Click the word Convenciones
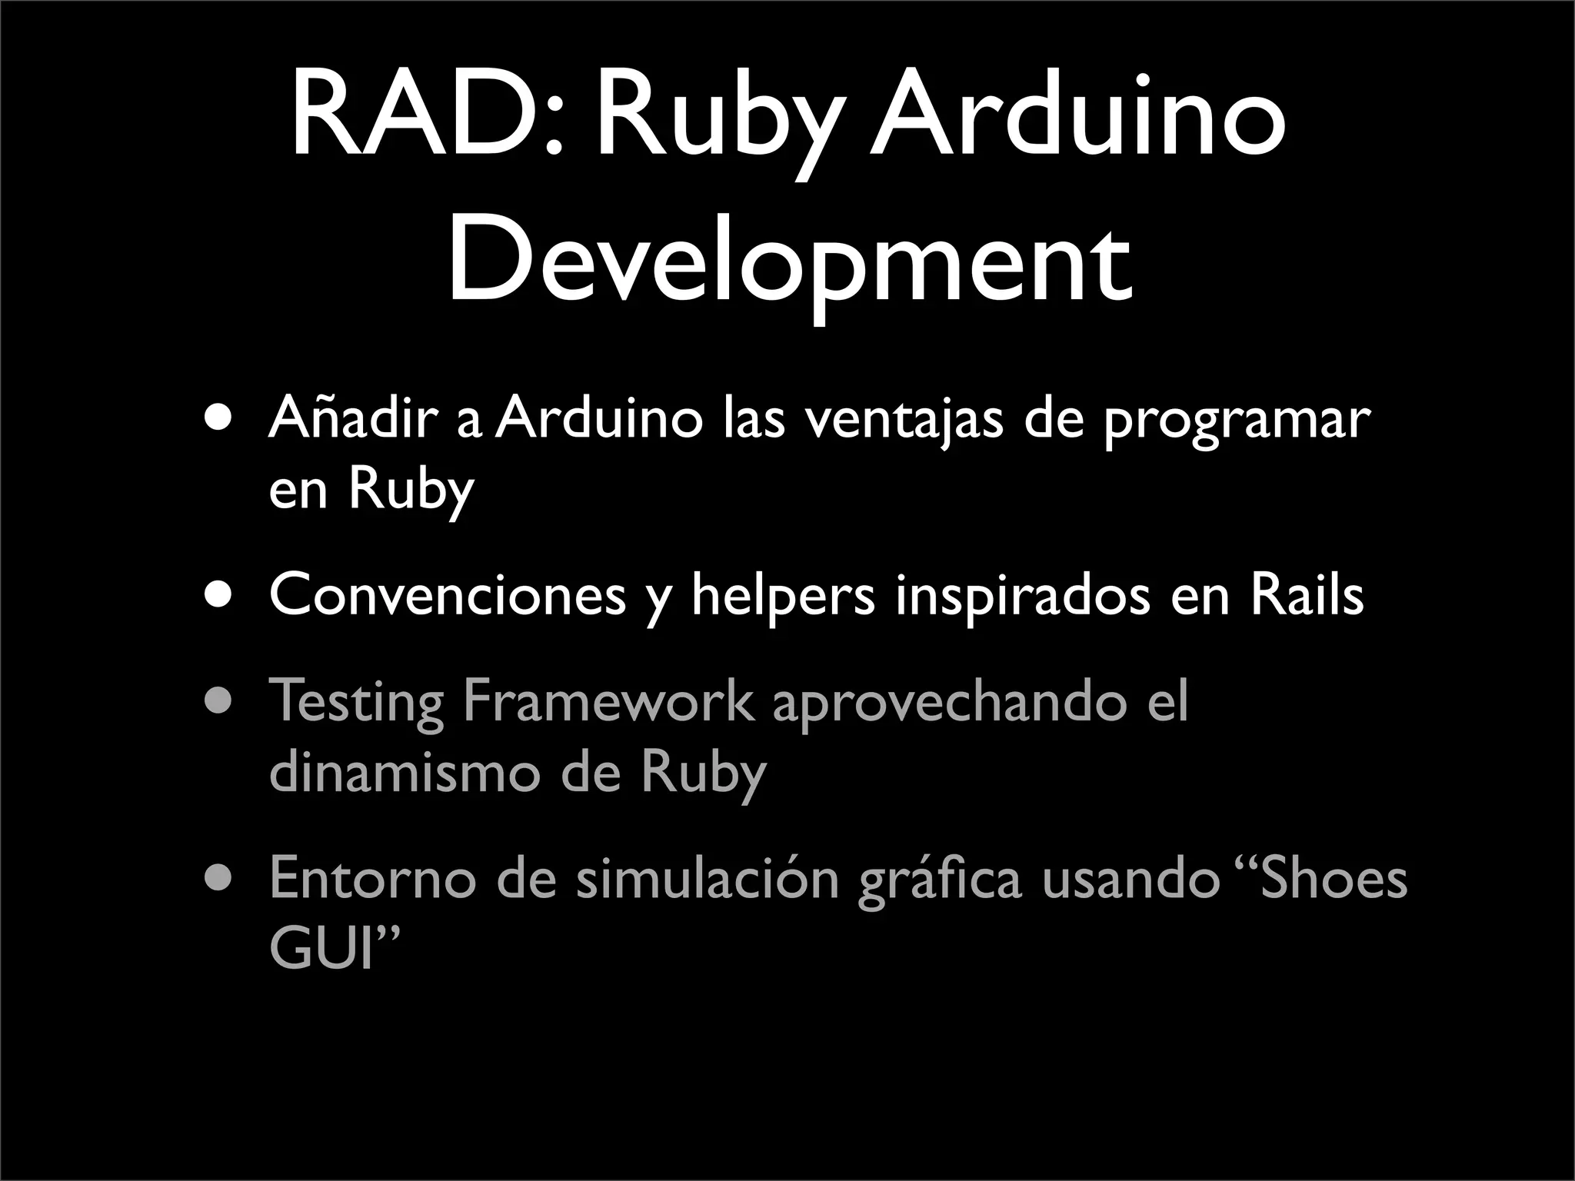click(448, 594)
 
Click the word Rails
click(1307, 594)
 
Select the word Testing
click(356, 702)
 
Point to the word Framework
click(608, 700)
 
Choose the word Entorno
click(373, 878)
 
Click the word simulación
click(708, 878)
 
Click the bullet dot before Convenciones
click(218, 595)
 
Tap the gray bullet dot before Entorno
click(218, 878)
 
